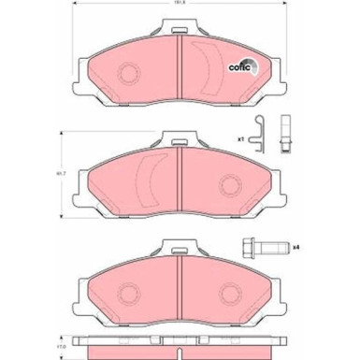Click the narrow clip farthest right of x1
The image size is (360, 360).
(285, 133)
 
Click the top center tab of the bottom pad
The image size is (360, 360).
(179, 250)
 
